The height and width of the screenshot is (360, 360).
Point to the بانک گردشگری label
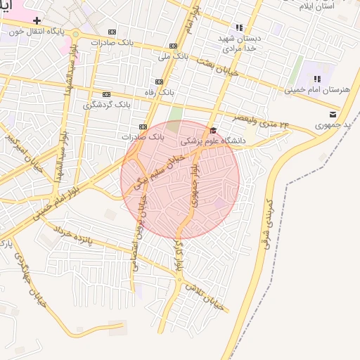[103, 105]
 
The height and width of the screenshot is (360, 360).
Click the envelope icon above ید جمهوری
[333, 115]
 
